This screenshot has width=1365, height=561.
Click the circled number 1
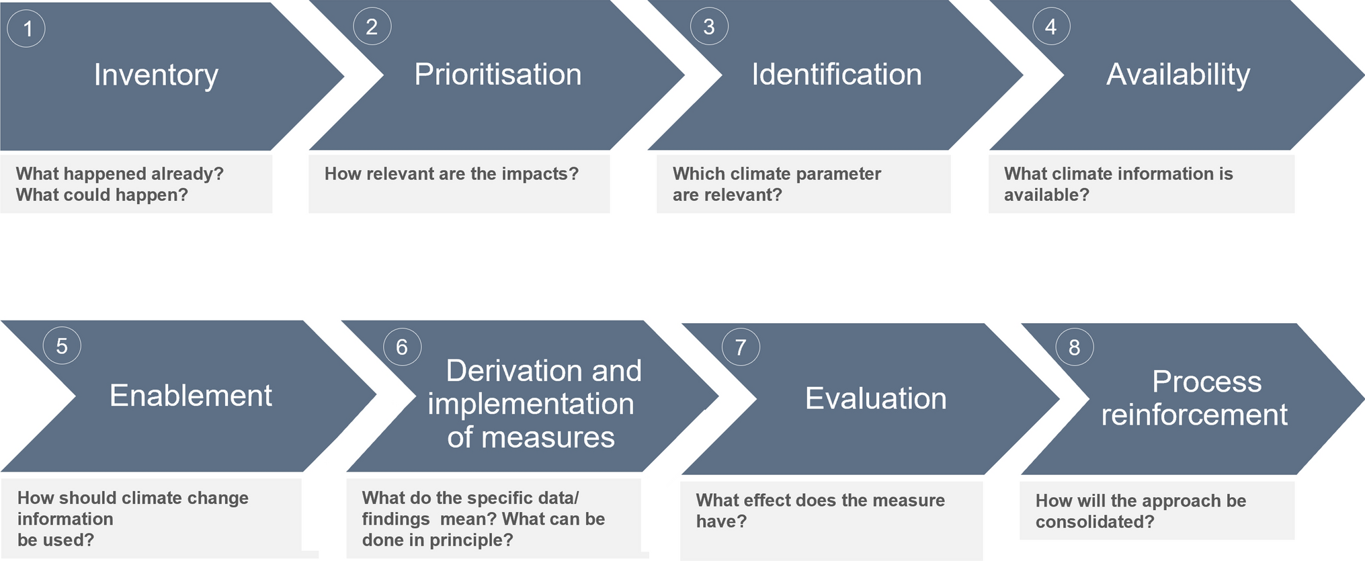click(27, 28)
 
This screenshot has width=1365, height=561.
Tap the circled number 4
click(1050, 27)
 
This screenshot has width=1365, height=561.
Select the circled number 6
click(402, 347)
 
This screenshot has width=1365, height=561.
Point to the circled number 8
click(1074, 347)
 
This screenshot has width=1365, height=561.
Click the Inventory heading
click(156, 75)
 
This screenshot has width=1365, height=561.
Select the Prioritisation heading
click(497, 74)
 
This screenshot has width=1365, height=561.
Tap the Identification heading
click(836, 74)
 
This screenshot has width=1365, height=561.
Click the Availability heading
click(1177, 74)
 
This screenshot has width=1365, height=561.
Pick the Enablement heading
click(191, 396)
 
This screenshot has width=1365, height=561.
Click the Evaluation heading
click(876, 398)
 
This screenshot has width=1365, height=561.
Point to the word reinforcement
click(1194, 415)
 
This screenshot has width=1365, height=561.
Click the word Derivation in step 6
click(513, 371)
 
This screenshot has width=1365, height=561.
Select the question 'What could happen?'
click(102, 195)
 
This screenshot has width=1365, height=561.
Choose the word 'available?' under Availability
click(1046, 195)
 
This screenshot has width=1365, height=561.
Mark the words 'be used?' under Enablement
click(56, 540)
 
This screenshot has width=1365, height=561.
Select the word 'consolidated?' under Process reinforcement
click(1094, 522)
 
